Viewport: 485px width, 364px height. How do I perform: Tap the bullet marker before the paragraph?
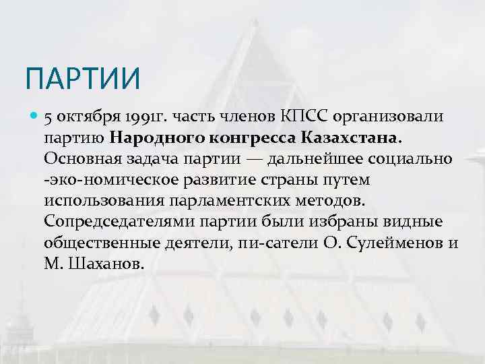coord(34,117)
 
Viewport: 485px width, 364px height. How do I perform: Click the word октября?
coord(84,117)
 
